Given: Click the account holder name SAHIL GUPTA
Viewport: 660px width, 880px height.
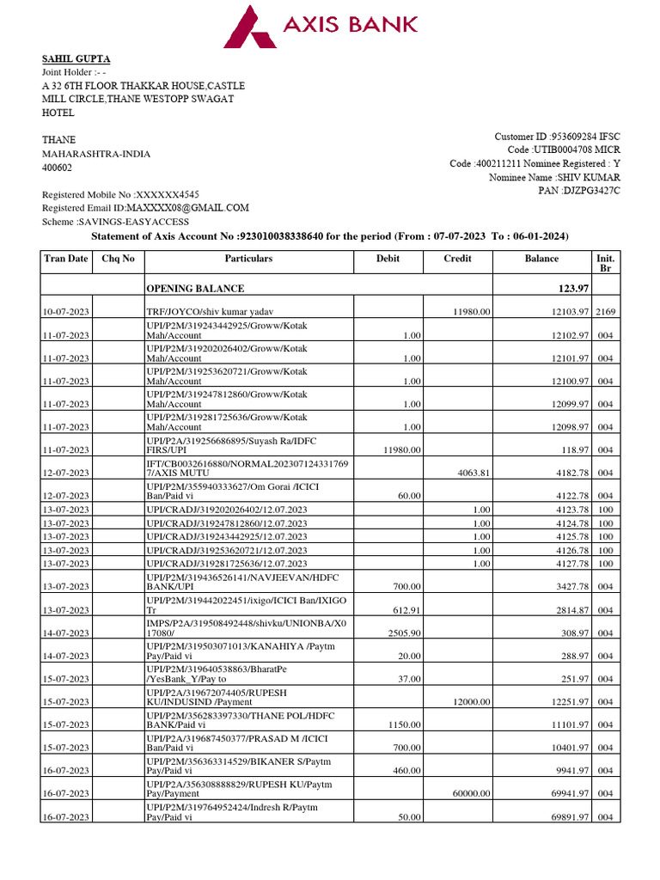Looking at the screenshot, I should coord(76,59).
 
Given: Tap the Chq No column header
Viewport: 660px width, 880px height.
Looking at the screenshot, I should coord(119,259).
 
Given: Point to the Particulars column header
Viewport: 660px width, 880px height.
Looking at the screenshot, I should coord(248,259).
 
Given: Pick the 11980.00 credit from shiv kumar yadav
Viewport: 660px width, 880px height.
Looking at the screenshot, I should coord(472,312).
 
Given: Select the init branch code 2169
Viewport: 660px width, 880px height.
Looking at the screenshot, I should coord(605,312).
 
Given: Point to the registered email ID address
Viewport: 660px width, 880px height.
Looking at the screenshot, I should coord(187,208).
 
